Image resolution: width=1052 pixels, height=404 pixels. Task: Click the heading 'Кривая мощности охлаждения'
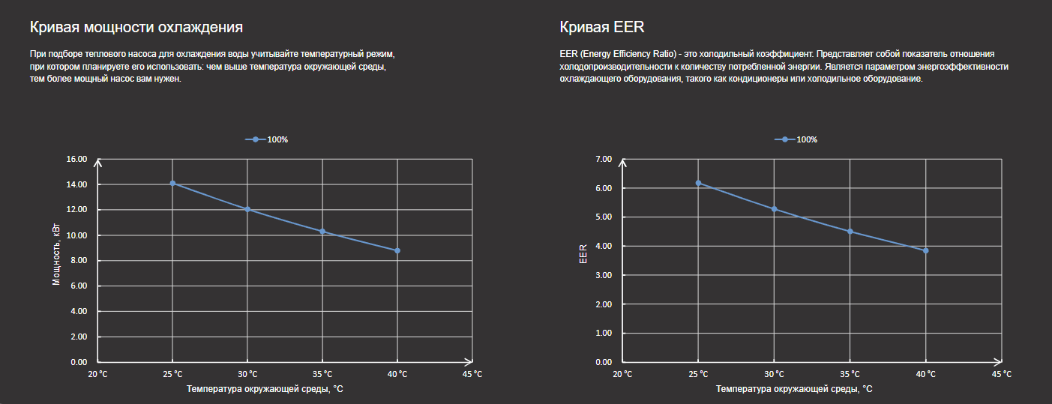[136, 28]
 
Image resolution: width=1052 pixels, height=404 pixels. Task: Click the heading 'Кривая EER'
[602, 28]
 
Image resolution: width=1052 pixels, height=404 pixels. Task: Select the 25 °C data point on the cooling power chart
[172, 184]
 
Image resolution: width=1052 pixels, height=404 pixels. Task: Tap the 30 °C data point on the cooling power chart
[247, 210]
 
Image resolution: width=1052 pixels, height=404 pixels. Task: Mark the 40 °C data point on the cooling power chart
[397, 250]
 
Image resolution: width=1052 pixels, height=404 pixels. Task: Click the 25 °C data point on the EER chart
[698, 183]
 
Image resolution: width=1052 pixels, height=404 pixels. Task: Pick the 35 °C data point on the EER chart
[850, 232]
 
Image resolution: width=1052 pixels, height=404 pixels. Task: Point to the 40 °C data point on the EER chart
[926, 250]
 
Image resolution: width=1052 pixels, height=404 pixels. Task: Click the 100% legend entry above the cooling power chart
[268, 140]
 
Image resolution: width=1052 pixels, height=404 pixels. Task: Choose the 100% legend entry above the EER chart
[796, 140]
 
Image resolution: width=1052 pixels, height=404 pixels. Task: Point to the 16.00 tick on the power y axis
[77, 159]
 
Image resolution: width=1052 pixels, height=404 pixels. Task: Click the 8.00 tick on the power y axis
[77, 261]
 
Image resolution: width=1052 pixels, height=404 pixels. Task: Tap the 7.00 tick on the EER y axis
[604, 159]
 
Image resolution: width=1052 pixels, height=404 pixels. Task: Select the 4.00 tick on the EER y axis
[604, 246]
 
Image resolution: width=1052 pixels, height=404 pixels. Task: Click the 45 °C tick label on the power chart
[472, 374]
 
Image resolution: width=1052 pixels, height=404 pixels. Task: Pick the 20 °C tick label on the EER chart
[622, 374]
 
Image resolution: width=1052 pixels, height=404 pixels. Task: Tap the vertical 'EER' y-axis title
[583, 255]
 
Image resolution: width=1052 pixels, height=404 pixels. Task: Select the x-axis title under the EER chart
[794, 390]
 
